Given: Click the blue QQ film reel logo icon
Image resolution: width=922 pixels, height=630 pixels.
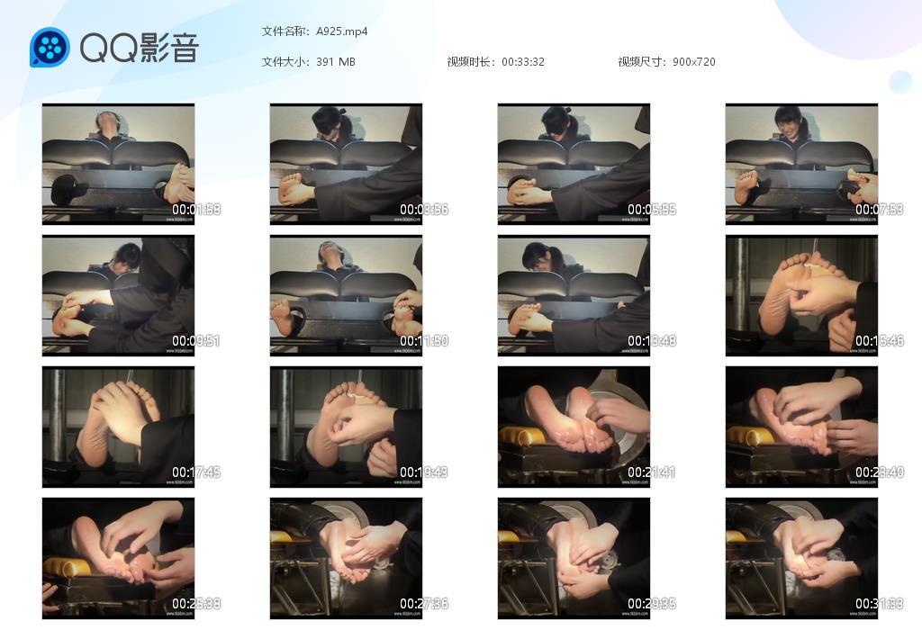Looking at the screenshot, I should coord(50,48).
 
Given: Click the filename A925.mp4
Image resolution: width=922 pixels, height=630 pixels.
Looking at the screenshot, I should coord(342,31).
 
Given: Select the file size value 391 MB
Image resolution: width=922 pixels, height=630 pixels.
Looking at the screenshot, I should coord(336,62).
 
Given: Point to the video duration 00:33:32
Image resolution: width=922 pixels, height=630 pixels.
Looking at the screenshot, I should coord(523,62).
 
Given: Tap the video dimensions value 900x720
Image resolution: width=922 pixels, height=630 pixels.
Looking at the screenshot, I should coord(694,62).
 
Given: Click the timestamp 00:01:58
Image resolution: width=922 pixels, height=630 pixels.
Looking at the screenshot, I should coord(196,210).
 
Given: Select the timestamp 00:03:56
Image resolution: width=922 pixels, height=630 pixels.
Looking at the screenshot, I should coord(424,210).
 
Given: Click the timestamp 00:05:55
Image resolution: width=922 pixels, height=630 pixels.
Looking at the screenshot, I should coord(652,210).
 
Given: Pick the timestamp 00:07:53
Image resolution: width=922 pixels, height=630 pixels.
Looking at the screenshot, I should coord(880,210).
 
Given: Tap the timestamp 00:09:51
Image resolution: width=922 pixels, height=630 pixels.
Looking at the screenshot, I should coord(196,341).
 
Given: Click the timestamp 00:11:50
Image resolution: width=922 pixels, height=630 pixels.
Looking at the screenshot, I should coord(424,341).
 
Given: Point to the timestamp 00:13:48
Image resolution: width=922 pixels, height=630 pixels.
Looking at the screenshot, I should coord(652,341).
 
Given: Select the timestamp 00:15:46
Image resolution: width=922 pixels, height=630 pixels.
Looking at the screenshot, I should coord(880,341).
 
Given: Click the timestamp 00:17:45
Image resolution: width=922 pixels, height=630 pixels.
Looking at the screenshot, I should coord(196,472).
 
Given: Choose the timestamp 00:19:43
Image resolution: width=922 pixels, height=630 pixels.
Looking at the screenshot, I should coord(424,472).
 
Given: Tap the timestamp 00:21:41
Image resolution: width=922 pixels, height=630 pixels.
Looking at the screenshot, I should coord(652,472).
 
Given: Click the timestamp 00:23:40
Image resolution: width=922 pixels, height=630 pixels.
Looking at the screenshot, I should coord(880,472).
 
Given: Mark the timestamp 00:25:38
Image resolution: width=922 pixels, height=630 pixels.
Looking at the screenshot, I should coord(196,604).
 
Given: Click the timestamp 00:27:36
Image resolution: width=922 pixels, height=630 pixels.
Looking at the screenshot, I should coord(424,604).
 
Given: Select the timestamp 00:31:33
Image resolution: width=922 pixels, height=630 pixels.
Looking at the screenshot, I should coord(880,604).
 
